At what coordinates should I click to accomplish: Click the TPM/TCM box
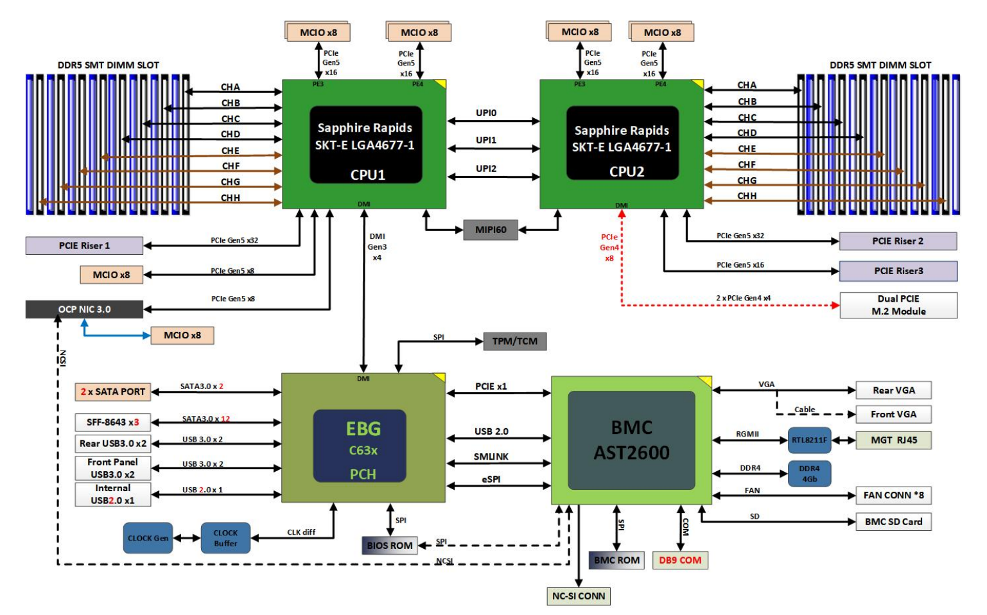[514, 342]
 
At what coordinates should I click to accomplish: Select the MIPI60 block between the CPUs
[491, 230]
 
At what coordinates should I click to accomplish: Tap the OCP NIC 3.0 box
[84, 309]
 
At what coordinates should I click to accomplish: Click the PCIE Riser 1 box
[84, 246]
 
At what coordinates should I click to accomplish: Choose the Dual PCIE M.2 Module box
[898, 305]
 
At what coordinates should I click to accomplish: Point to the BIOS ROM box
[389, 546]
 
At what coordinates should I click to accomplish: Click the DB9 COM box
[680, 560]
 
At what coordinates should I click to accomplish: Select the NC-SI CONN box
[578, 596]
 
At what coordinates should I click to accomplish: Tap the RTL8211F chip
[809, 440]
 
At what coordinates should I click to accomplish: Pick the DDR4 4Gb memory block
[809, 474]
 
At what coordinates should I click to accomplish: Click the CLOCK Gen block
[148, 538]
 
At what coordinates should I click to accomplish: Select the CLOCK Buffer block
[225, 538]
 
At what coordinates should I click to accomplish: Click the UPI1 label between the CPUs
[486, 140]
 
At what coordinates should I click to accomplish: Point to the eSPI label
[491, 479]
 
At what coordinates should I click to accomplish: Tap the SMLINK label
[491, 456]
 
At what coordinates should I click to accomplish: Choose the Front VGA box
[893, 414]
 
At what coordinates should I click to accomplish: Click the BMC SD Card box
[893, 522]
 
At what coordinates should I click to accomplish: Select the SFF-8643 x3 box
[113, 422]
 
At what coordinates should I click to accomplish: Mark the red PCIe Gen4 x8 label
[609, 247]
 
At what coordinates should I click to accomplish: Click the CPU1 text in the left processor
[367, 175]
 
